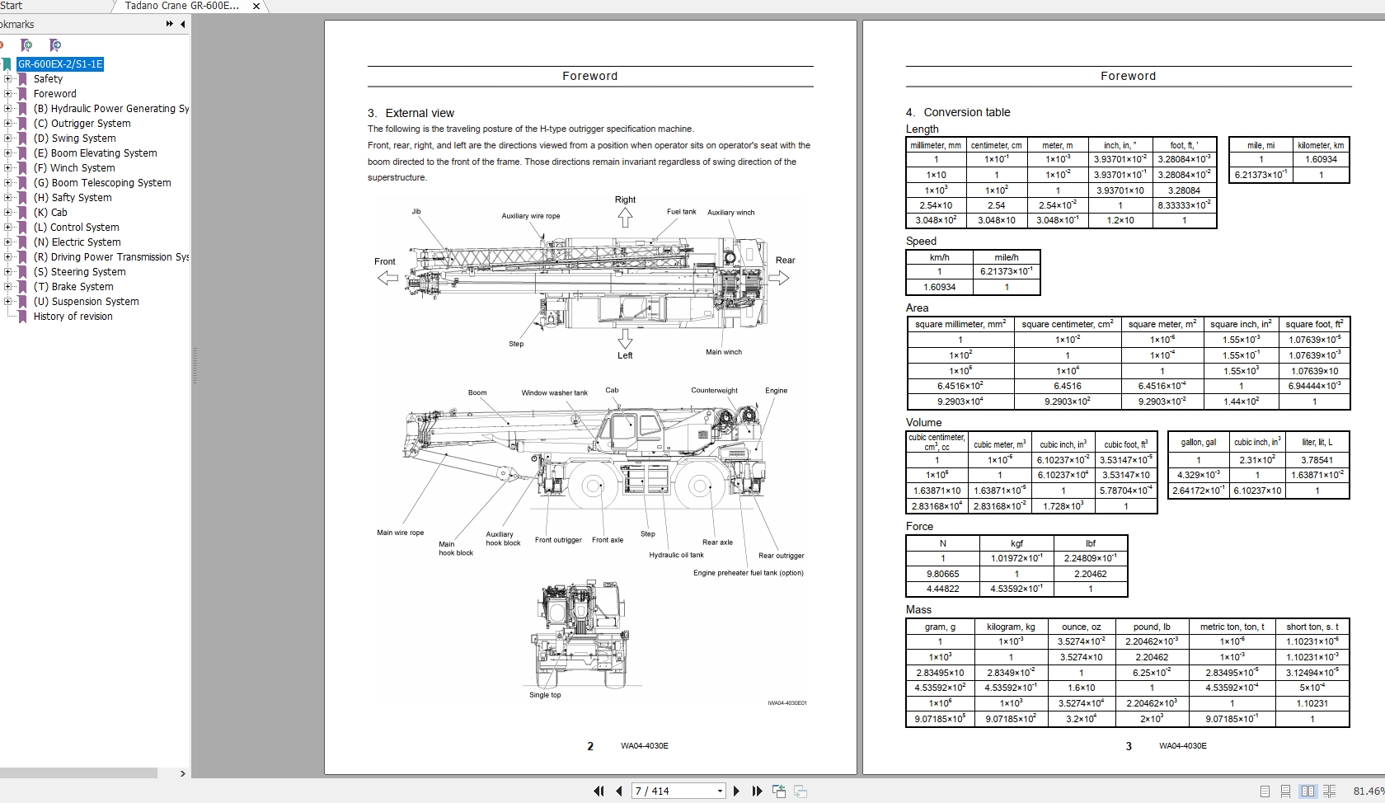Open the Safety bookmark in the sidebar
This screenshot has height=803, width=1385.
[x=48, y=79]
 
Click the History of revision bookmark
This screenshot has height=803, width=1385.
[x=73, y=317]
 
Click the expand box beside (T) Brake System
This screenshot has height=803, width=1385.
[x=8, y=287]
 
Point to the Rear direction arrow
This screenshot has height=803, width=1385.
[x=779, y=278]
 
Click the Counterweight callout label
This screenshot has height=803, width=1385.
[x=714, y=391]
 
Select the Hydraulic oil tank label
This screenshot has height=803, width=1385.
[x=676, y=555]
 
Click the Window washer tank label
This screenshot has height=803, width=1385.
[x=554, y=393]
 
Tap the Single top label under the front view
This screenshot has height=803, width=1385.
[x=545, y=695]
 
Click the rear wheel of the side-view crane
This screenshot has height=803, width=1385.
[x=700, y=486]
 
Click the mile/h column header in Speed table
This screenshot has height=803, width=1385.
[x=1006, y=257]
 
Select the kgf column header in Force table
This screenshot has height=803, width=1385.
[x=1016, y=543]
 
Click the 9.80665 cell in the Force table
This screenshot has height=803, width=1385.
[x=942, y=574]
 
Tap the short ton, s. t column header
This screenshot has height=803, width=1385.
[x=1312, y=627]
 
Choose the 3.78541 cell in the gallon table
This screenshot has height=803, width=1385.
[x=1317, y=460]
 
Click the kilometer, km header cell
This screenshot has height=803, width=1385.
[x=1321, y=145]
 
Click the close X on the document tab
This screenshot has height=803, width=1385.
[x=256, y=6]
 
